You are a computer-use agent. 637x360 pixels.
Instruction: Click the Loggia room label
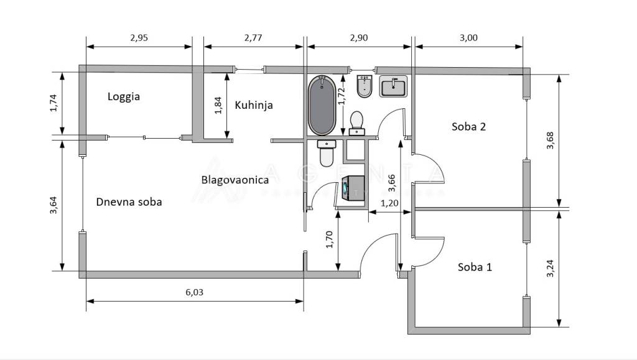tap(124, 96)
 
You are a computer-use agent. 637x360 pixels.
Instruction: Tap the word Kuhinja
tap(254, 105)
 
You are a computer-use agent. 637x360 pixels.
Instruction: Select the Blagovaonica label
tap(235, 180)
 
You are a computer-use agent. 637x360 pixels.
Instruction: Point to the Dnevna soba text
tap(129, 201)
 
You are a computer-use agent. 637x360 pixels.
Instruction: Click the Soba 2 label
tap(468, 127)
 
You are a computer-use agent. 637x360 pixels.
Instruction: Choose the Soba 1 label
tap(475, 267)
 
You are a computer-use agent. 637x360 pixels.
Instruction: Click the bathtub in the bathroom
tap(322, 105)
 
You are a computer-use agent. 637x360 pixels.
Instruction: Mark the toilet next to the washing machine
tap(327, 153)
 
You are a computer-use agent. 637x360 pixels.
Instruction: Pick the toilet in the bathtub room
tap(357, 122)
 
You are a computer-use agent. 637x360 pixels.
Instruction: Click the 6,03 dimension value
tap(194, 292)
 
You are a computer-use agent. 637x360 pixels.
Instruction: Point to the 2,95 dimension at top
tap(139, 37)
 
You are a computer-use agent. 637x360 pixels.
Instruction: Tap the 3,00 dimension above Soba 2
tap(468, 37)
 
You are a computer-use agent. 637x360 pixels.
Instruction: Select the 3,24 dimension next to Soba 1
tap(549, 267)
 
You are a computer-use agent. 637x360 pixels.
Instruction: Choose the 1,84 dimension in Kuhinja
tap(218, 105)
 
